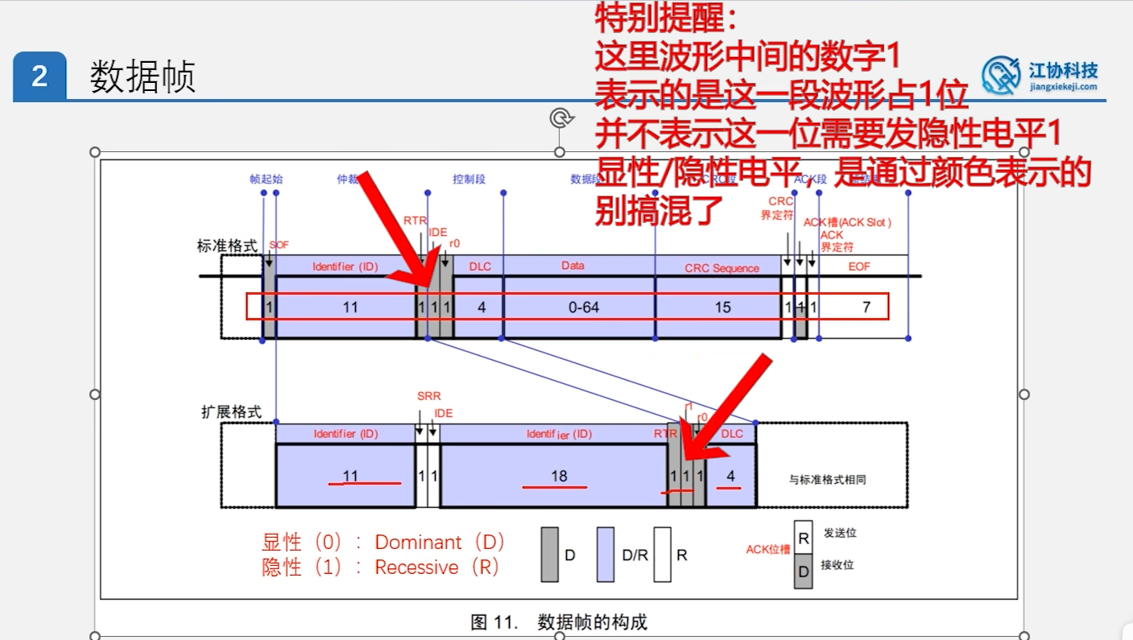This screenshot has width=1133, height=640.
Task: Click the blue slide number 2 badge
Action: pos(39,76)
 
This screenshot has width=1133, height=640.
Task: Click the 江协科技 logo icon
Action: pos(1001,75)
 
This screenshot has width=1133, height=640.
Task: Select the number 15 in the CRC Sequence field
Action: pos(722,307)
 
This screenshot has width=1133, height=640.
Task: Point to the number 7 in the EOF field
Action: pos(866,307)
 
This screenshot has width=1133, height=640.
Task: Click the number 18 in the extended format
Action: pos(559,476)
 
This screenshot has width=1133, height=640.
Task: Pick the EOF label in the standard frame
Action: pos(859,266)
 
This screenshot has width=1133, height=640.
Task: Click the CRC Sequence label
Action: pos(722,268)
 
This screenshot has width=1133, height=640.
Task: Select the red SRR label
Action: pos(429,397)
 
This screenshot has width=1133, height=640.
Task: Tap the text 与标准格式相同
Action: pos(827,480)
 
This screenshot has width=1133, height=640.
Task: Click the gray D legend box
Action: pos(550,555)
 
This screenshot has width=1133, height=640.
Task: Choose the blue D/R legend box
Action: pos(605,555)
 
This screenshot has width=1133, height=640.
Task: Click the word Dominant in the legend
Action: pos(419,542)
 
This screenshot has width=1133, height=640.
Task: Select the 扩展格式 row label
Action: pos(231,411)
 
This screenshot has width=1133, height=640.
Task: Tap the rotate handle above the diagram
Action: pos(560,118)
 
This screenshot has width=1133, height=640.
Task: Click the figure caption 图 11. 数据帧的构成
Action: pos(559,622)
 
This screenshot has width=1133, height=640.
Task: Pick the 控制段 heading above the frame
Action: pos(469,179)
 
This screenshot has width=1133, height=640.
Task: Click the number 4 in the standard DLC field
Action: pos(482,307)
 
